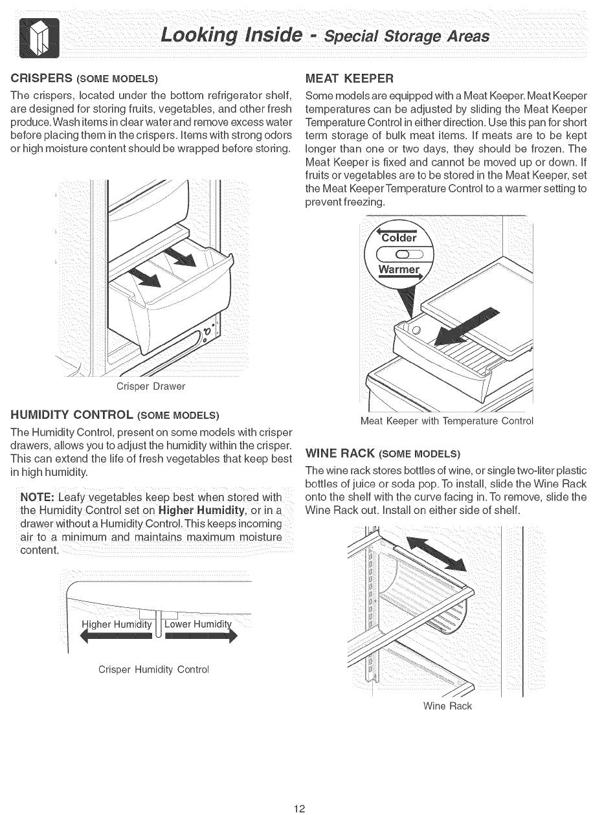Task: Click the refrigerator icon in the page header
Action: tap(39, 38)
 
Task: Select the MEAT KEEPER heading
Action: tap(349, 79)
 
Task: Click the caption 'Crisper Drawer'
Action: tap(150, 386)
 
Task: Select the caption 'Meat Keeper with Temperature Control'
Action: tap(447, 421)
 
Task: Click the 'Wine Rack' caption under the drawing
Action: tap(447, 706)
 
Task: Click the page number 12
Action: tap(298, 808)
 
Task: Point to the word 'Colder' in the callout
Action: tap(399, 237)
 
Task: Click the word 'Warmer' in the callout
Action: tap(399, 269)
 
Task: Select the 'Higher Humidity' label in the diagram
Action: tap(117, 625)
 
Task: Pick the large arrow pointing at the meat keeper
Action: tap(469, 327)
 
